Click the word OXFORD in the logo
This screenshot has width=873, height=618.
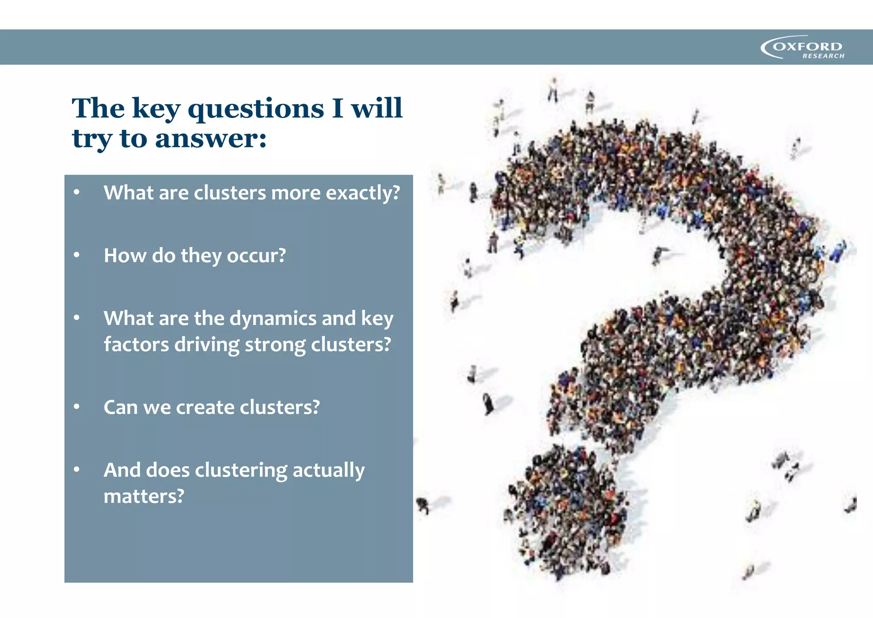(x=807, y=46)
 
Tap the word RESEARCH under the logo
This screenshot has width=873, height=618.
(x=823, y=56)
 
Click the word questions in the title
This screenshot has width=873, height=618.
(x=256, y=109)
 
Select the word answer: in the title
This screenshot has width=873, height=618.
(x=211, y=139)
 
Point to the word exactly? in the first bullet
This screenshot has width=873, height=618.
(x=363, y=193)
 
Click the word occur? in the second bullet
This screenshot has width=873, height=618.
(x=256, y=256)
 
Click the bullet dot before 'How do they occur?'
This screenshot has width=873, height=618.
(x=77, y=255)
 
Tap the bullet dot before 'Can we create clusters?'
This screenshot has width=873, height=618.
(x=77, y=407)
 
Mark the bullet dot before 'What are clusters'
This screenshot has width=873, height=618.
(x=77, y=192)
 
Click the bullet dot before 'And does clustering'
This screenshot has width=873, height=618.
(x=77, y=469)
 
